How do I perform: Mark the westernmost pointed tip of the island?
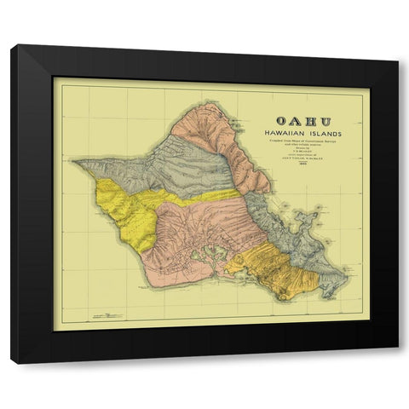pos(74,161)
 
